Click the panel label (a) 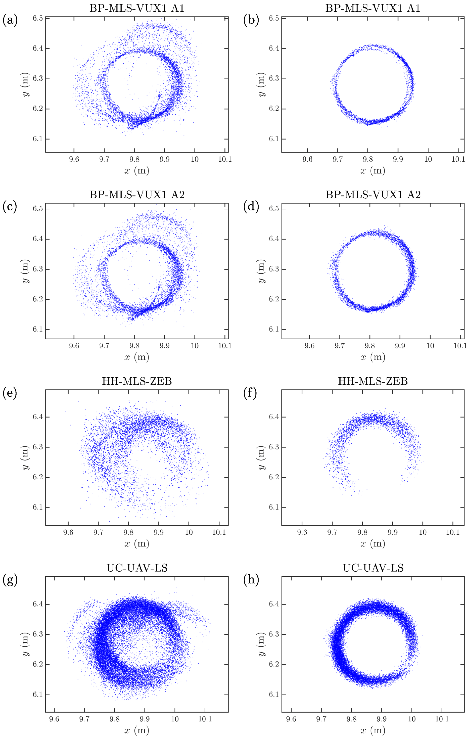pos(10,21)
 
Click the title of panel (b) pos(373,8)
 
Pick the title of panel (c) pos(137,195)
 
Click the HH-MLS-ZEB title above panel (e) pos(137,381)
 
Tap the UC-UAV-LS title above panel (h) pos(373,568)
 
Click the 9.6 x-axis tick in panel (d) pos(309,346)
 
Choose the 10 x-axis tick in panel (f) pos(423,532)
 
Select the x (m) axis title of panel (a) pos(136,171)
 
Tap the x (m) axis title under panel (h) pos(373,730)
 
